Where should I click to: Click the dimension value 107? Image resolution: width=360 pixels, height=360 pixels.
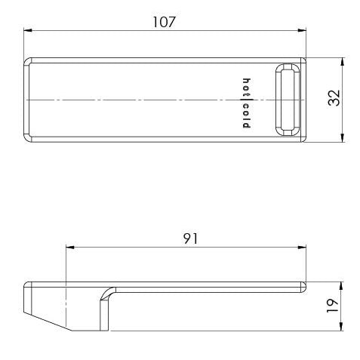(164, 22)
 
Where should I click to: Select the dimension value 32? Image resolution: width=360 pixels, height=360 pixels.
(334, 97)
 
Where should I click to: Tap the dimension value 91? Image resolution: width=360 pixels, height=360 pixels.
(190, 238)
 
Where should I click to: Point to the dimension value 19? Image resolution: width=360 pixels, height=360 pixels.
(332, 306)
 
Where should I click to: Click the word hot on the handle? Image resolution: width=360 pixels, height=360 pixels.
(247, 88)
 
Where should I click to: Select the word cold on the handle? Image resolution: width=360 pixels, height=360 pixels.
(247, 116)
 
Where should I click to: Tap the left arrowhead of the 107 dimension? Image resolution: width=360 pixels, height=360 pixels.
(28, 30)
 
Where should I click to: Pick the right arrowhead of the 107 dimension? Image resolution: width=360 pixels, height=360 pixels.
(302, 30)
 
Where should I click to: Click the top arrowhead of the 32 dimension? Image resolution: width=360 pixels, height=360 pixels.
(342, 62)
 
